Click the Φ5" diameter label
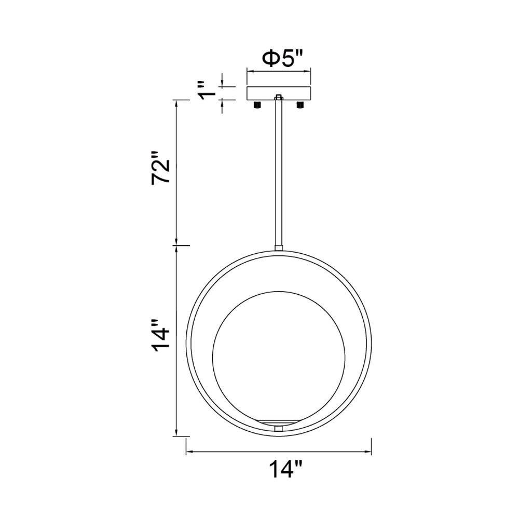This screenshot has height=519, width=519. click(x=282, y=59)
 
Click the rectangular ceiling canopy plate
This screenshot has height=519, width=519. click(x=279, y=93)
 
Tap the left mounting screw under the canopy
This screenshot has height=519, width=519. click(x=257, y=105)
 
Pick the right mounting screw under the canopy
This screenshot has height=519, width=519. click(x=300, y=105)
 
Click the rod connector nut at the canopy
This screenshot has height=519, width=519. click(x=279, y=98)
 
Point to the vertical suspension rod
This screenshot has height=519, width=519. click(x=279, y=172)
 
